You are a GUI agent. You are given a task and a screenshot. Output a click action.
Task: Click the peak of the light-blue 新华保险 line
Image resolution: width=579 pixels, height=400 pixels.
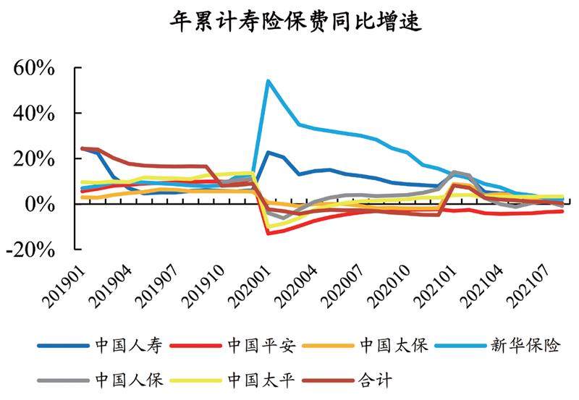[268, 80]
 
